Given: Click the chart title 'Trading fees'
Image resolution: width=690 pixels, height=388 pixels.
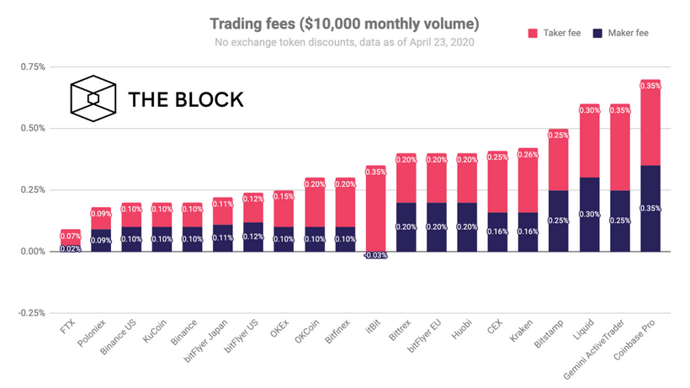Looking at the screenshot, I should [x=344, y=22].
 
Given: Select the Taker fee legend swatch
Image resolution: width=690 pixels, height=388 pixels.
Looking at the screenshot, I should [x=533, y=33].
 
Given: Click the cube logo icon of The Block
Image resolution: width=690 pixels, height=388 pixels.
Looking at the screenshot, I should [x=93, y=98].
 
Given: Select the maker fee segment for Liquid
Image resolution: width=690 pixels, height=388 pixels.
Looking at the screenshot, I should [x=589, y=215].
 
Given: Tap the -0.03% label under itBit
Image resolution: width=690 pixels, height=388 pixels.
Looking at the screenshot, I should [x=376, y=255].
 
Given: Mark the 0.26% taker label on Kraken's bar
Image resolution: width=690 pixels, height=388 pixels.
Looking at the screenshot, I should [x=528, y=154].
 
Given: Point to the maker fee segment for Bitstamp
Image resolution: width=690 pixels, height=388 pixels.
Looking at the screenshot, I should [x=559, y=221].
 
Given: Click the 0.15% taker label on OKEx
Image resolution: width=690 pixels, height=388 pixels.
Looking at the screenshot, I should [x=284, y=196].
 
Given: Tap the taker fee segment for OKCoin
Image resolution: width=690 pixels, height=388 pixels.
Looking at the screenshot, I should [x=315, y=202].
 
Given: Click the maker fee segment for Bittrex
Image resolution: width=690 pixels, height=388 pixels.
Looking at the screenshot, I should [x=406, y=227].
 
